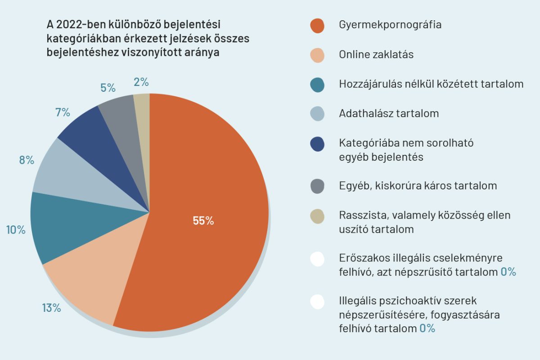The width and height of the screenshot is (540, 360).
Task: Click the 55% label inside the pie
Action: click(203, 220)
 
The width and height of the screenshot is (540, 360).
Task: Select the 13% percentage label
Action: click(51, 308)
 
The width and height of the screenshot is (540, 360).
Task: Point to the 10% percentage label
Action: click(16, 230)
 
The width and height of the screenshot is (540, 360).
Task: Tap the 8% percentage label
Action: click(27, 160)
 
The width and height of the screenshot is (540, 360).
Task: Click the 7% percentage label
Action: click(63, 112)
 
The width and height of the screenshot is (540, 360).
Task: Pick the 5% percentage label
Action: click(108, 88)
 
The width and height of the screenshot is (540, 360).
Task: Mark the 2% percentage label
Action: click(141, 82)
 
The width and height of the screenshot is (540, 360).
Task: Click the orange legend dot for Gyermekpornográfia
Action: click(317, 26)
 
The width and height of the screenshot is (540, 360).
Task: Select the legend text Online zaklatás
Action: click(376, 55)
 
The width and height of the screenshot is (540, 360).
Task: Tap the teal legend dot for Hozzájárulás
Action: click(317, 85)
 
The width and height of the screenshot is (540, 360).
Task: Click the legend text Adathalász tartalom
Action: click(389, 113)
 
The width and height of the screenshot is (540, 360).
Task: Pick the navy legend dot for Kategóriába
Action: click(317, 144)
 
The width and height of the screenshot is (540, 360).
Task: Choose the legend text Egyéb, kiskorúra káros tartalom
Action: click(418, 185)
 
